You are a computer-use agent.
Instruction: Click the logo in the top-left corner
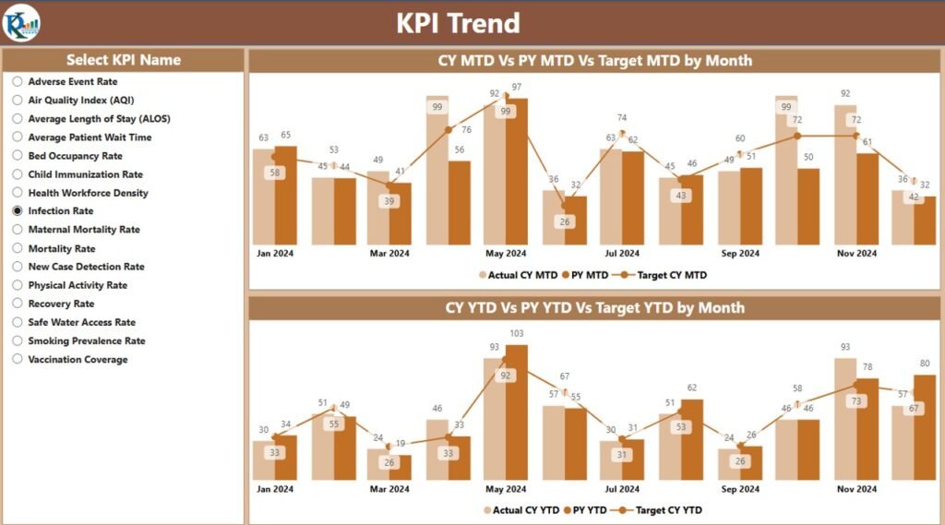(21, 22)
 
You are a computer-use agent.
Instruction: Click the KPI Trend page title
(458, 23)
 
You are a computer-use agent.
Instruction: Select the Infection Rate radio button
(18, 211)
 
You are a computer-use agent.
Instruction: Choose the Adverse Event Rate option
(18, 82)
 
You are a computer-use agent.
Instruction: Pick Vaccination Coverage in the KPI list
(18, 360)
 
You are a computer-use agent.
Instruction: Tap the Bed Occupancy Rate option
(18, 156)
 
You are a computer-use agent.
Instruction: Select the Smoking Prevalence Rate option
(18, 341)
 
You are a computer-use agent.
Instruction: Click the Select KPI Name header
(123, 60)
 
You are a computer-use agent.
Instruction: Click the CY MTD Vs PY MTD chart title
(594, 61)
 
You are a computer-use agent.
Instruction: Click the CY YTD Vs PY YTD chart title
(594, 307)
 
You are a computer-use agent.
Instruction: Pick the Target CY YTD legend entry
(665, 509)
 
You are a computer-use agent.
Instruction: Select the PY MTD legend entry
(586, 274)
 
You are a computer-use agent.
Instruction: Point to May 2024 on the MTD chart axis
(505, 253)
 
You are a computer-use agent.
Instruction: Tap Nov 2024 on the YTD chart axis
(855, 489)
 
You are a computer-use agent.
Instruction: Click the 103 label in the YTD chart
(517, 334)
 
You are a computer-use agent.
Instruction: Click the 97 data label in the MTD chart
(517, 87)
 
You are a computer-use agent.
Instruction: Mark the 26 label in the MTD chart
(564, 221)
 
